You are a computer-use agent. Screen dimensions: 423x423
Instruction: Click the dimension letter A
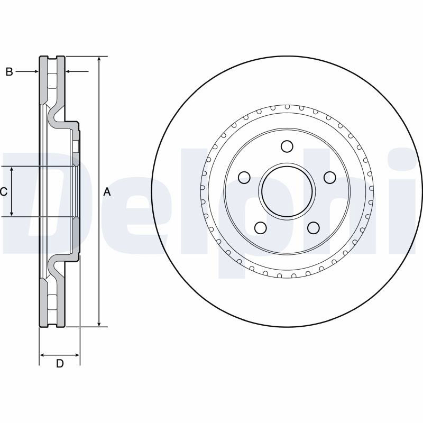[x=107, y=192]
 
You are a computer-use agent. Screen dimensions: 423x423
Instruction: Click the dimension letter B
[x=9, y=72]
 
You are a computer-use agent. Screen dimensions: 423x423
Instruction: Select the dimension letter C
[x=4, y=192]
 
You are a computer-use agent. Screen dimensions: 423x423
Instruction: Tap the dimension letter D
[x=60, y=364]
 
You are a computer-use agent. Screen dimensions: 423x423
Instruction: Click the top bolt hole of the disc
[x=287, y=146]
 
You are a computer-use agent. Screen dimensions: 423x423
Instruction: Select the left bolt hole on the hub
[x=244, y=177]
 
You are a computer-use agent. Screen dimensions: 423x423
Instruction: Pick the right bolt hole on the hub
[x=329, y=177]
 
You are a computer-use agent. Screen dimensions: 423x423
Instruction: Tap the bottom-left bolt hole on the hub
[x=261, y=228]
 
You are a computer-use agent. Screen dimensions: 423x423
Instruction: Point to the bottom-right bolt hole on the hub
[x=314, y=228]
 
